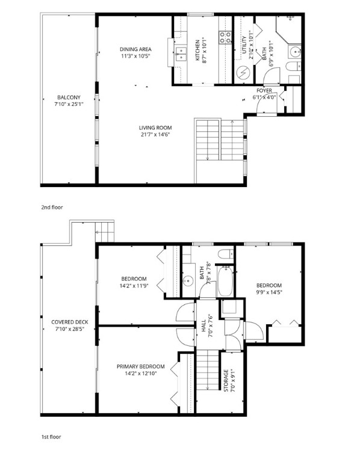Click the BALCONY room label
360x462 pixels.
69,97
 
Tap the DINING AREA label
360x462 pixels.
135,49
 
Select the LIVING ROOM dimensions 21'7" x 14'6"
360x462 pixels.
155,134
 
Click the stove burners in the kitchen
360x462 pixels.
225,37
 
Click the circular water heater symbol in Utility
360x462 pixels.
243,73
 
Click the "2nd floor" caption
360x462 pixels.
52,207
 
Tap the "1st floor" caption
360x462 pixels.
51,437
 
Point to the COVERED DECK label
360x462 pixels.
70,322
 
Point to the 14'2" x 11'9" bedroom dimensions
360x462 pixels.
134,286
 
